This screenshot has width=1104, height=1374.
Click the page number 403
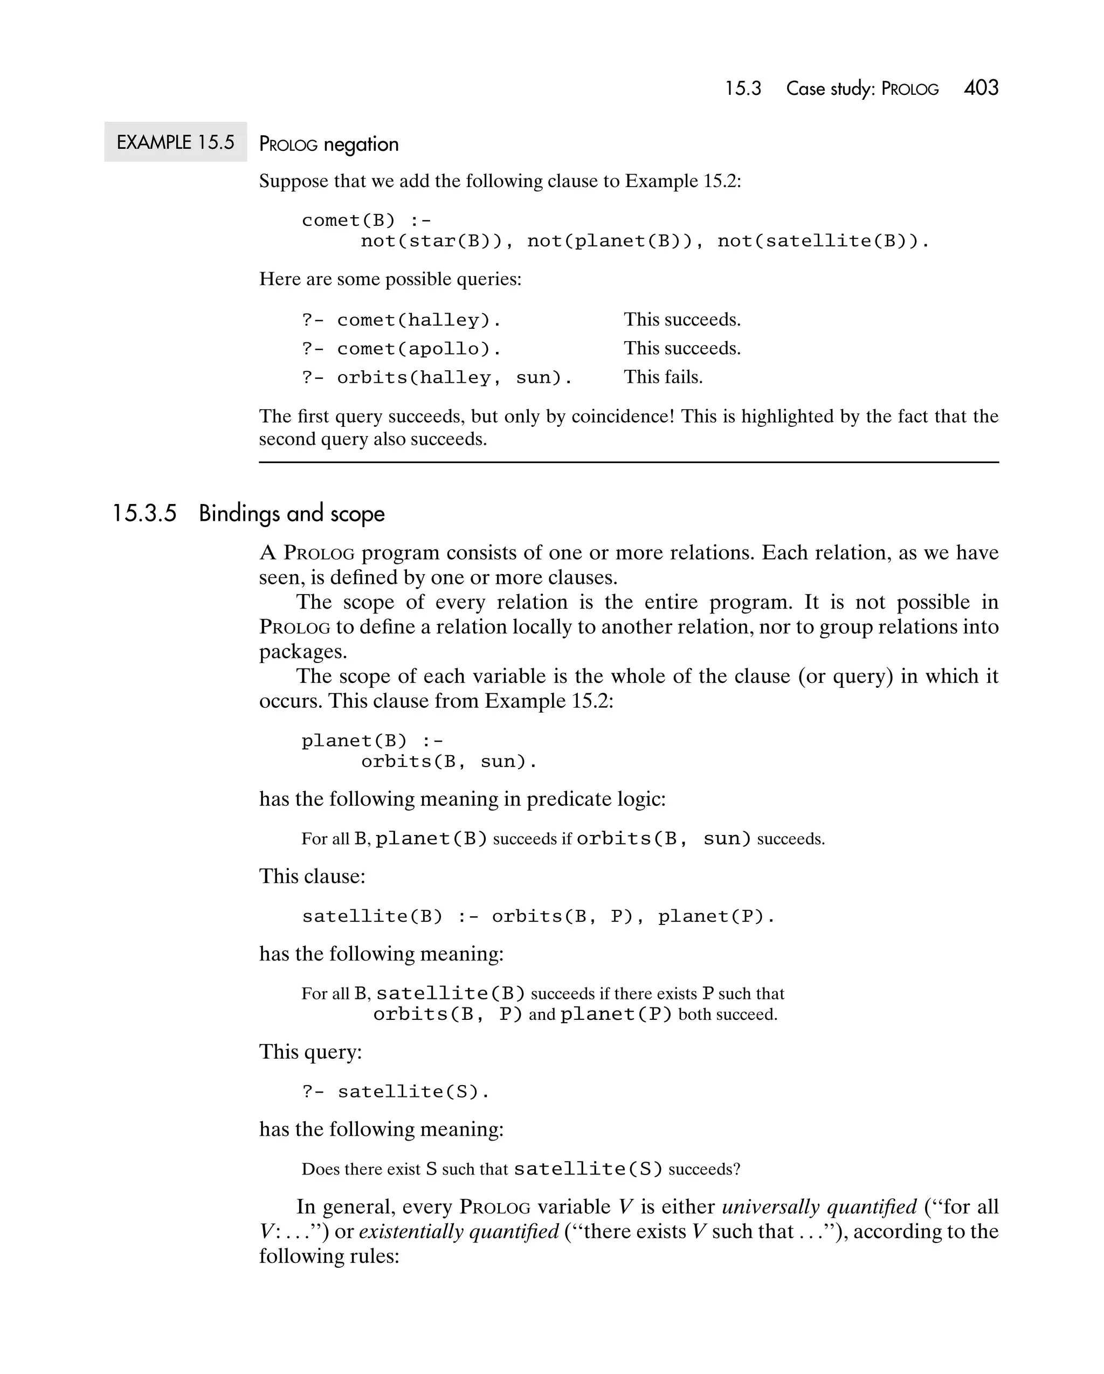point(981,88)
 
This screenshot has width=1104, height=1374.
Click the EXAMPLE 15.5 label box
point(175,142)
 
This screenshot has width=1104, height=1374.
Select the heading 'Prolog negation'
point(329,144)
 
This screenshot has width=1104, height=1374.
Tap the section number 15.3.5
point(144,514)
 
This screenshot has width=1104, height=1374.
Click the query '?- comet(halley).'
point(402,320)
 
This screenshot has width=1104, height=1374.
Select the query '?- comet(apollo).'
point(402,349)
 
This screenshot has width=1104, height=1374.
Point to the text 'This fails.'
point(663,377)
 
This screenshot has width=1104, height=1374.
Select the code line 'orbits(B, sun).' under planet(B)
point(448,762)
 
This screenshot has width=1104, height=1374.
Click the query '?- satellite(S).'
point(396,1092)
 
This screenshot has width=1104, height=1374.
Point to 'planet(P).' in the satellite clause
point(716,916)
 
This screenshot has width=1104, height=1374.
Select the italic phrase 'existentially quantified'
point(459,1231)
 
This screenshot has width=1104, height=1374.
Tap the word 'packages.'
point(303,651)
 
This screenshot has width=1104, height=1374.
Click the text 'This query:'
point(310,1052)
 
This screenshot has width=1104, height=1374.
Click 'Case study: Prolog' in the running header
point(862,88)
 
